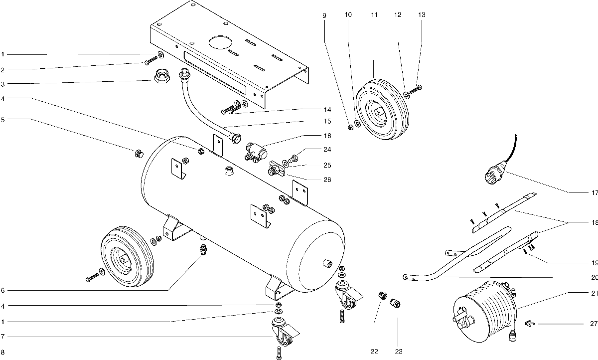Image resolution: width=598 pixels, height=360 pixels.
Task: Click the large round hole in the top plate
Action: (220, 42)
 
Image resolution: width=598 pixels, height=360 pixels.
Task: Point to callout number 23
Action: (399, 352)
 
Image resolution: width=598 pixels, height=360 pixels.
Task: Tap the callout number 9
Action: (324, 15)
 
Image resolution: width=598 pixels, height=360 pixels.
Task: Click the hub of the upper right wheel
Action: (378, 112)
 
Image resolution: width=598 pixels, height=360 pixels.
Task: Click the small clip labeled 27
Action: (530, 324)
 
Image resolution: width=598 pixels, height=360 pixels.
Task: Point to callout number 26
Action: (327, 180)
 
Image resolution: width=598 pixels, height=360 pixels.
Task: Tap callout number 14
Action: (327, 110)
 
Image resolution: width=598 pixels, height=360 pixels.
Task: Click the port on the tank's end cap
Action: (328, 264)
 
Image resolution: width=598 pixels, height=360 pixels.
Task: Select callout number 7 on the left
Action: (2, 337)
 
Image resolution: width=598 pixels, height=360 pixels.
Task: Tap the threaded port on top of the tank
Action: (229, 171)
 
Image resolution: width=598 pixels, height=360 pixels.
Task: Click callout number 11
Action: (374, 14)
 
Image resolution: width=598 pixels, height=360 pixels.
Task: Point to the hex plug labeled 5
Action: (139, 154)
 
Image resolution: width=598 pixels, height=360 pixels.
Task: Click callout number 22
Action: (374, 352)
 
